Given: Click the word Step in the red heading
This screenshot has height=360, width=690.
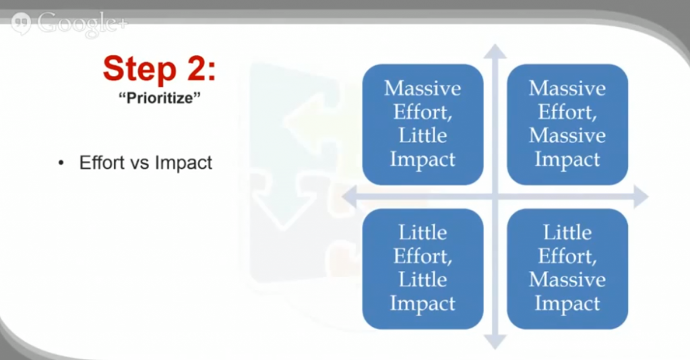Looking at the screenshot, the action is (x=139, y=69).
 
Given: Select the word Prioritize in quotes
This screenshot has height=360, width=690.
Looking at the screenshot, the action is (x=160, y=98).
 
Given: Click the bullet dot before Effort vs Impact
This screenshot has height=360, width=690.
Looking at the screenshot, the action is (x=61, y=163).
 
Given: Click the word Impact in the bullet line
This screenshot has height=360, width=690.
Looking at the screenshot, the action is (x=183, y=163).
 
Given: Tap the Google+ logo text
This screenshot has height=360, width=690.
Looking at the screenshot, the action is (x=82, y=23).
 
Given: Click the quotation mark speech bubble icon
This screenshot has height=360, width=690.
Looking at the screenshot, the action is (x=21, y=24).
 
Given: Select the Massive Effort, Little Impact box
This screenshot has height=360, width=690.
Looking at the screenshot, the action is (x=422, y=125).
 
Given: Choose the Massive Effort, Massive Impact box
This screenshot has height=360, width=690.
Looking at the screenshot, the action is (x=567, y=125).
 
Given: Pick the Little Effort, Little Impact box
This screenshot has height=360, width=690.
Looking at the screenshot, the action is (x=422, y=269).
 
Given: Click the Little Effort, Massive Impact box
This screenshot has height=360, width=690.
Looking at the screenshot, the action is (x=567, y=269).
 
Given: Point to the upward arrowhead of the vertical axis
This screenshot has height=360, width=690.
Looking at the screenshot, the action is (x=495, y=51).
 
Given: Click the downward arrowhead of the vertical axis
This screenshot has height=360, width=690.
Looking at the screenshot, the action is (x=495, y=342).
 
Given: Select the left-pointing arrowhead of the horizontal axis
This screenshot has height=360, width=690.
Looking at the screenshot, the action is (x=349, y=197).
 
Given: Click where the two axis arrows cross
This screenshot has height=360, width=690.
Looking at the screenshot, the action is (x=495, y=197).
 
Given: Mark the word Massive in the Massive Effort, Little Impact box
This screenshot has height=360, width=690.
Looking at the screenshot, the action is (x=422, y=88).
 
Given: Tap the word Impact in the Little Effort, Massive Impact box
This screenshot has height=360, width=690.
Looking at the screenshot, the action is (x=567, y=304).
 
